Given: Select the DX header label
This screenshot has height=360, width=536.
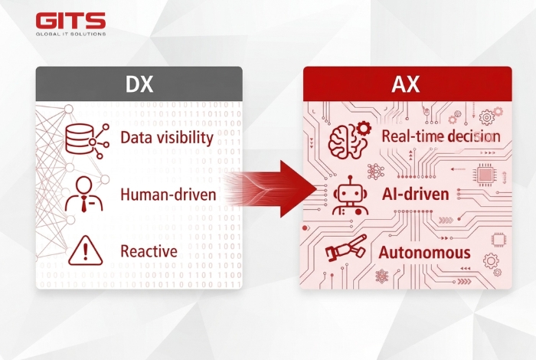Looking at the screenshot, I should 139,82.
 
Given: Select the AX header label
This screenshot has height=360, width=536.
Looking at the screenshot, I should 406,83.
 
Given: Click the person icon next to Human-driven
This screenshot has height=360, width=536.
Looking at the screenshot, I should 83,195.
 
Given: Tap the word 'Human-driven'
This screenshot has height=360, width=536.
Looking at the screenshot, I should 167,195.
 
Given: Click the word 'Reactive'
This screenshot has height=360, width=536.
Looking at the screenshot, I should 149,250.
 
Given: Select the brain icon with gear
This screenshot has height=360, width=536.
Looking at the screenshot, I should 348,139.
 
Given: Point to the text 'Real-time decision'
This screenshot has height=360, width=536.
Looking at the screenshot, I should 440,136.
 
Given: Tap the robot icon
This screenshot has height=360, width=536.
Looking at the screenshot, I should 349,197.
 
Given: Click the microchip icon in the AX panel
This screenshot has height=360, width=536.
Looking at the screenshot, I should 485,175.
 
